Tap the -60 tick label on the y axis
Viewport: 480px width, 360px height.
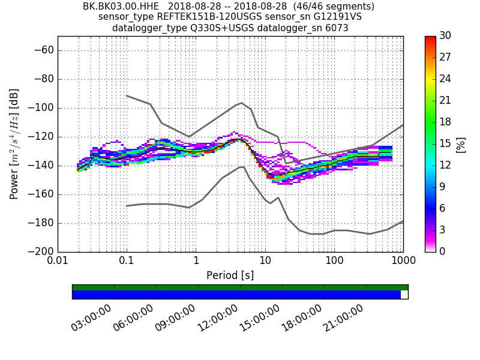click(43, 50)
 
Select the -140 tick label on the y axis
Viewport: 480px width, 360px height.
click(40, 165)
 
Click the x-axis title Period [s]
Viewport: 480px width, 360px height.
click(230, 275)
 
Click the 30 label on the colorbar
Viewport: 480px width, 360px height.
click(446, 36)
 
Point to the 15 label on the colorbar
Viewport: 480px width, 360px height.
click(446, 143)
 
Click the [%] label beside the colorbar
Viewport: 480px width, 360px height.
click(461, 144)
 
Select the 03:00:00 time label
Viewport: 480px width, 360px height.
click(91, 317)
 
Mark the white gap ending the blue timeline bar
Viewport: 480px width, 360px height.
click(404, 295)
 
